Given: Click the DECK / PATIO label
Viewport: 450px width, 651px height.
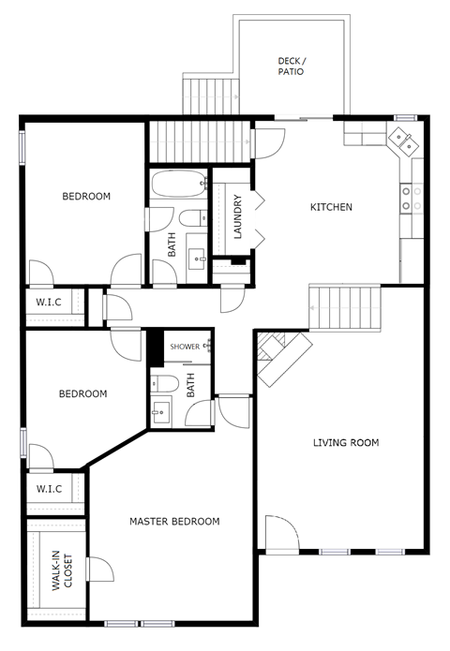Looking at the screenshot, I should tap(292, 66).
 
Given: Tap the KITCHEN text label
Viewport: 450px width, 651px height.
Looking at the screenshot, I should tap(331, 207).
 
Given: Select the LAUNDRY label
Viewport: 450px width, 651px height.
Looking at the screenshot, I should tap(238, 216).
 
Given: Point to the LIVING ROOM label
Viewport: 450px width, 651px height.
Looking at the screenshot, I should tap(346, 443).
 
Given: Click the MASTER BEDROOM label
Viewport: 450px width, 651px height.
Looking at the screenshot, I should tap(174, 522).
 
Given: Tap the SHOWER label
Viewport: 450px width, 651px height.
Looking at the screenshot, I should tap(185, 347).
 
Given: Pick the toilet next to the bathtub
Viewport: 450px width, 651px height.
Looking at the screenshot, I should tap(193, 220).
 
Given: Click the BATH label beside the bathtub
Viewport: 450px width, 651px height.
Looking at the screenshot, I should tap(172, 244).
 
